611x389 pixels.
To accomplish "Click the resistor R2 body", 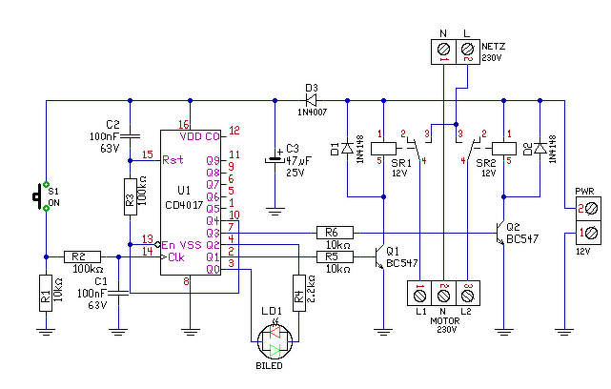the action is coord(82,256).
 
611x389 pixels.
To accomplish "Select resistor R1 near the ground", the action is coord(46,293).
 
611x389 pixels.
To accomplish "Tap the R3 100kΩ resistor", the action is coord(131,196).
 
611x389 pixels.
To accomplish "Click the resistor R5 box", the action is coord(335,256).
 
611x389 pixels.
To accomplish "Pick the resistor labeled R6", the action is coord(335,233).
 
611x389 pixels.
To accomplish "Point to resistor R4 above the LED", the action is coord(299,293).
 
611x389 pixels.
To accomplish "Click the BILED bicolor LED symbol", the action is coord(275,342).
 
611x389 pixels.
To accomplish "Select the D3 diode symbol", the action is coord(311,100).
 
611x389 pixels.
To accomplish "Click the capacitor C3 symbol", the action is coord(275,159).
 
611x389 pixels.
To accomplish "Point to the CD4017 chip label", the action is coord(184,205).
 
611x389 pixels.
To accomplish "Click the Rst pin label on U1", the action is coord(173,160).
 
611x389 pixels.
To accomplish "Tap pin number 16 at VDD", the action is coord(184,125).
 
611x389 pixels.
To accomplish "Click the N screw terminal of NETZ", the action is coord(443,50).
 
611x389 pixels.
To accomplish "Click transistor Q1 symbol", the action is coord(378,257).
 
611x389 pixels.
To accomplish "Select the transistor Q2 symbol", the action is coord(499,233).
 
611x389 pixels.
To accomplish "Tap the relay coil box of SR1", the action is coord(383,149).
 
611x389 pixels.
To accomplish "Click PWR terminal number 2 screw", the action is coord(591,209).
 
